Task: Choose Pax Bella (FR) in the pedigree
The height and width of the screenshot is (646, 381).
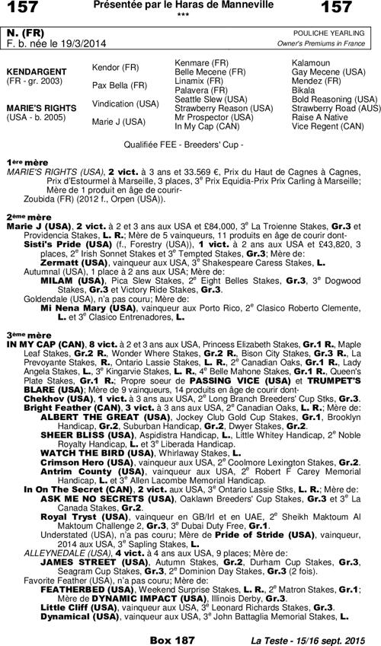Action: click(120, 85)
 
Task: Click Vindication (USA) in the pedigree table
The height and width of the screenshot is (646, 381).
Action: click(126, 103)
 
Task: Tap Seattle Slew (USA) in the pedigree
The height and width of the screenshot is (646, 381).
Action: click(210, 99)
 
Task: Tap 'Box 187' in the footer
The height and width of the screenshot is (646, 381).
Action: click(171, 640)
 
